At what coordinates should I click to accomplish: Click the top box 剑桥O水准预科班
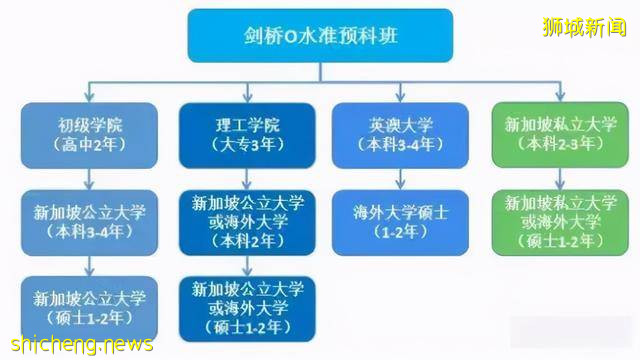(319, 37)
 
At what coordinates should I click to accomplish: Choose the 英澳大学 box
(385, 134)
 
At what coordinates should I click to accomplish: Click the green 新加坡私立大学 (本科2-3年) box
(546, 134)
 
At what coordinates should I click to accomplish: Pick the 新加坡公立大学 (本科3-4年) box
(90, 222)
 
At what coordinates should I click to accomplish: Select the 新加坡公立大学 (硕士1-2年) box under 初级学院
(90, 307)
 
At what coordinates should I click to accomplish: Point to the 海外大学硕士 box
(385, 221)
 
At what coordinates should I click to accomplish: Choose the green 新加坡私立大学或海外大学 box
(546, 222)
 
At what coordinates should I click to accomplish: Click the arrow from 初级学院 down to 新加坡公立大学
(90, 177)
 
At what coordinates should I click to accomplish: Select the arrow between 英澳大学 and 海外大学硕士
(385, 177)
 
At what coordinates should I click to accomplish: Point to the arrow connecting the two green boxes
(546, 177)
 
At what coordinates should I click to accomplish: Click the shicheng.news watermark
(80, 344)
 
